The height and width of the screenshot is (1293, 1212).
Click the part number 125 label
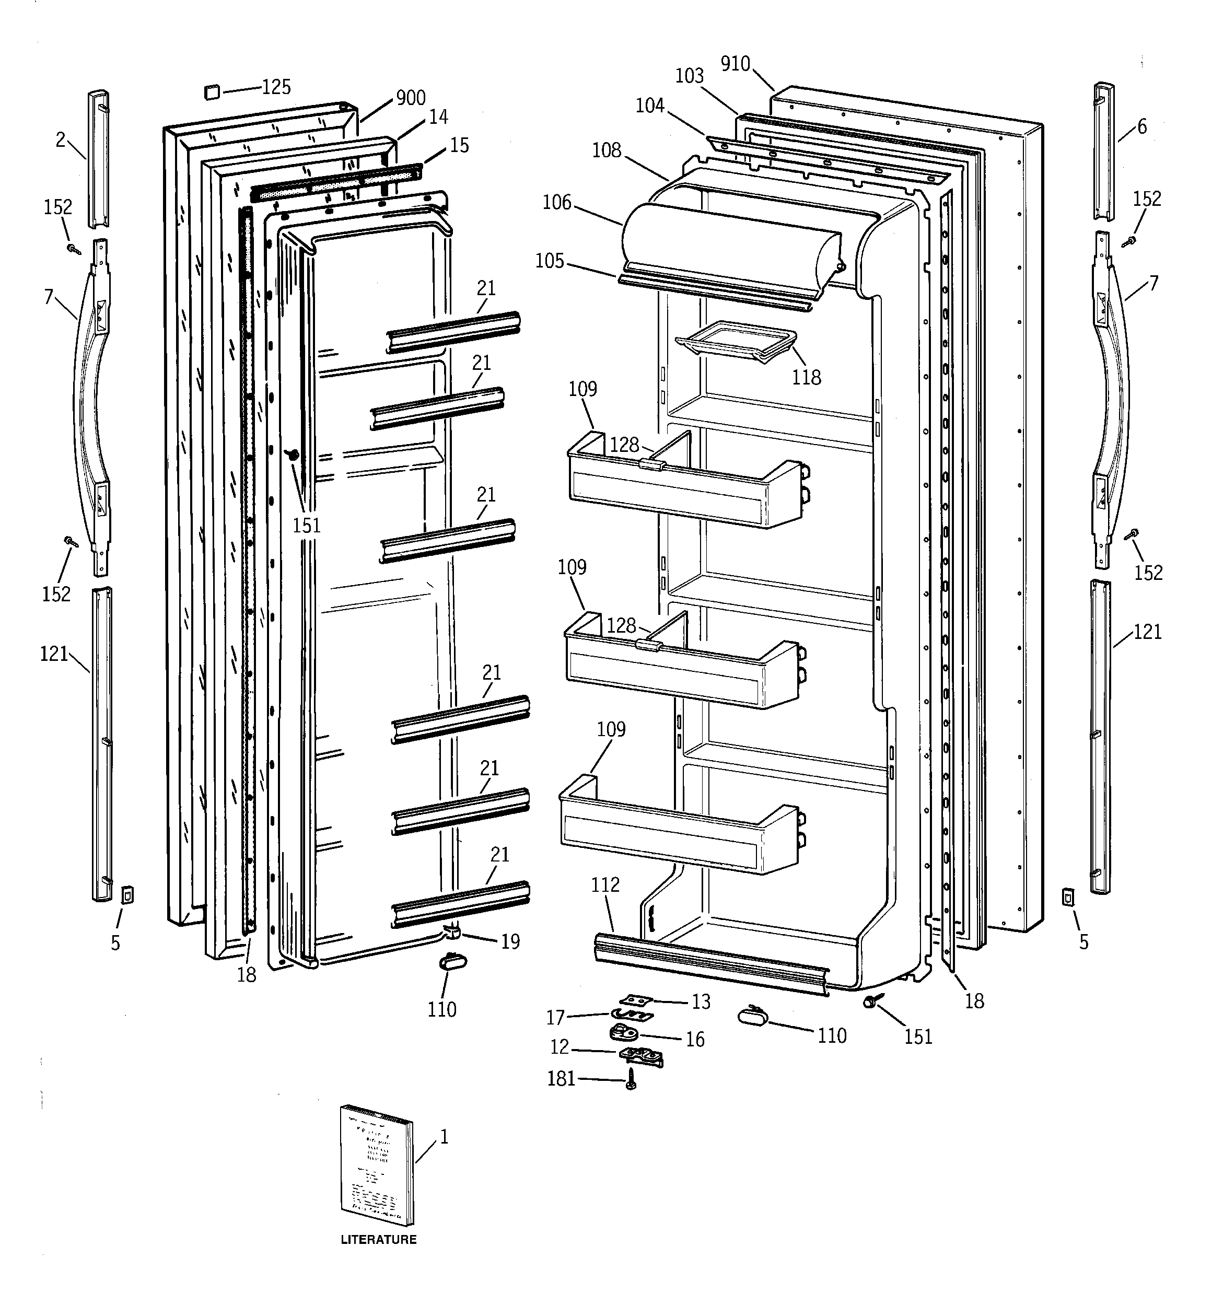click(x=276, y=87)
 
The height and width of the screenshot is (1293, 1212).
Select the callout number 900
click(x=411, y=98)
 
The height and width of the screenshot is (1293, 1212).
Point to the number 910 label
click(x=735, y=64)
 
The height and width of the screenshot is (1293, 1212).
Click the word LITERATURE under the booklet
click(x=379, y=1240)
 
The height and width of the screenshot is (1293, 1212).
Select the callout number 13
click(x=701, y=1002)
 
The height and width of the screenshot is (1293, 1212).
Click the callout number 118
click(x=806, y=377)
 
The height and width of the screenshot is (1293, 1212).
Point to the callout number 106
click(x=557, y=203)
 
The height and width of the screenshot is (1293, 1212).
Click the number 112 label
click(x=605, y=884)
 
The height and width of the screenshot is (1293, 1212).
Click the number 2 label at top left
click(x=61, y=140)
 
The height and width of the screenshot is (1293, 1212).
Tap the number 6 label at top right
click(x=1143, y=127)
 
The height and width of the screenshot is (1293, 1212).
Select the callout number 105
click(x=550, y=261)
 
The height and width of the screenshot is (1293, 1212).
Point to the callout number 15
click(x=459, y=146)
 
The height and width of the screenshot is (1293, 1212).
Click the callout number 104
click(x=650, y=106)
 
